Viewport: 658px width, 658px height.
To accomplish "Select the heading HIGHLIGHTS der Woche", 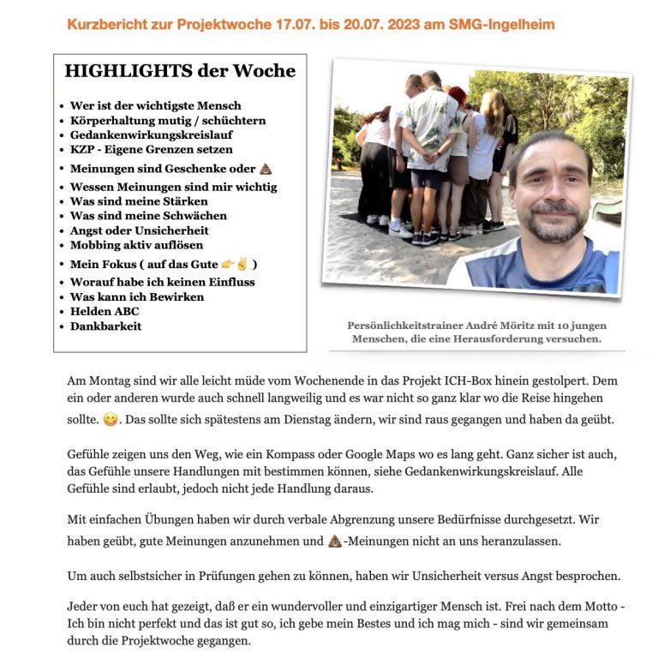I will [180, 71].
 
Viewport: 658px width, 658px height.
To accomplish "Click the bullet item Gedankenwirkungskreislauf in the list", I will [151, 135].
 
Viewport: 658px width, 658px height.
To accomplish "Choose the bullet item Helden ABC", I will [105, 311].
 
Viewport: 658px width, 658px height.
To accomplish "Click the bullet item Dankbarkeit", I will [106, 326].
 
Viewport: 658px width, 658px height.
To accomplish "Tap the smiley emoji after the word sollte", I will [111, 421].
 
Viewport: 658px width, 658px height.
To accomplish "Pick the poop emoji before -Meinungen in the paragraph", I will [335, 541].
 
